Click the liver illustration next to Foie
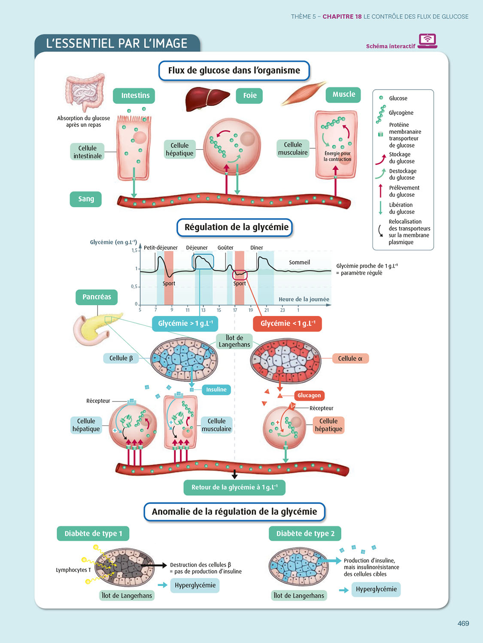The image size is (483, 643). pyautogui.click(x=206, y=98)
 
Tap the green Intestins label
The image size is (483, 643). pyautogui.click(x=135, y=96)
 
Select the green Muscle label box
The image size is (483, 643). pyautogui.click(x=343, y=94)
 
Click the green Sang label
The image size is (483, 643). pyautogui.click(x=86, y=199)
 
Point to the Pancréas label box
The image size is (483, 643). pyautogui.click(x=97, y=297)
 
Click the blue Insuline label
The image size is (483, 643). pyautogui.click(x=216, y=390)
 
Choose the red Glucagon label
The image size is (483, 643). pyautogui.click(x=309, y=395)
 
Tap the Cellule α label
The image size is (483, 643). pyautogui.click(x=350, y=358)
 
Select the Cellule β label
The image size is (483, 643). pyautogui.click(x=121, y=358)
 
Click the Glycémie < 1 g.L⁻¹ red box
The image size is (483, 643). pyautogui.click(x=288, y=324)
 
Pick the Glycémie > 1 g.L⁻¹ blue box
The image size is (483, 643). pyautogui.click(x=185, y=324)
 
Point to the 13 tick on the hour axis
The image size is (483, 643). pyautogui.click(x=203, y=310)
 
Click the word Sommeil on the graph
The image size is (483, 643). pyautogui.click(x=299, y=262)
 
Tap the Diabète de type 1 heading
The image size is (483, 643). pyautogui.click(x=93, y=534)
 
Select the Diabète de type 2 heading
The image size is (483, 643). pyautogui.click(x=305, y=534)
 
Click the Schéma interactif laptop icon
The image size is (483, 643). pyautogui.click(x=427, y=41)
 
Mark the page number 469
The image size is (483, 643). pyautogui.click(x=463, y=623)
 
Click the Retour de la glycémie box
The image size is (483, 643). pyautogui.click(x=234, y=487)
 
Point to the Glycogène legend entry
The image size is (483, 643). pyautogui.click(x=401, y=113)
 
